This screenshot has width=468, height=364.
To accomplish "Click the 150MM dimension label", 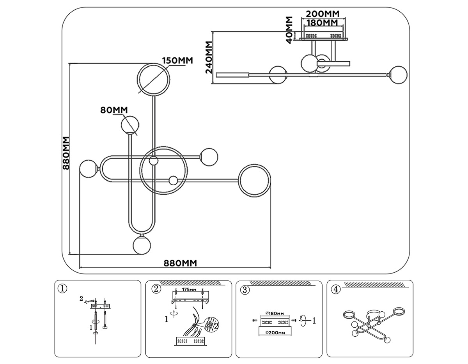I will pos(177,61).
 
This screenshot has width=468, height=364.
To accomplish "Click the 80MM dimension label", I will pos(114,110).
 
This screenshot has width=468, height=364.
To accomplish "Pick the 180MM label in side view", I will pos(323,23).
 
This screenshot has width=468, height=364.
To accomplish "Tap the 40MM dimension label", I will pos(289,30).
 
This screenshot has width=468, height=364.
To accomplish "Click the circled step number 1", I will pos(62,289).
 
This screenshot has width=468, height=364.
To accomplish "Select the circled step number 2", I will pos(156,289).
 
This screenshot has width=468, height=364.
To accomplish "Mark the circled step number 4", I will pos(336,289).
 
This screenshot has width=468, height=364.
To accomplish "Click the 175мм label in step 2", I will pos(189,290).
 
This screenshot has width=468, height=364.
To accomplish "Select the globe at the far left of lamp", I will pos(88,169).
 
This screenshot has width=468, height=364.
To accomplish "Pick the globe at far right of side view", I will pos(398,75).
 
